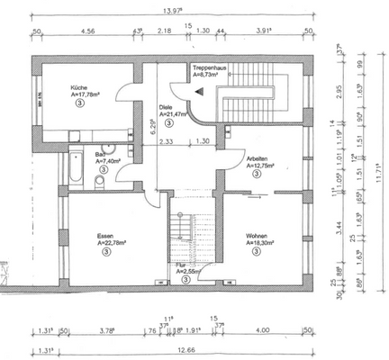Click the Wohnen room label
coord(258,236)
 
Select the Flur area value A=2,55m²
coord(194,270)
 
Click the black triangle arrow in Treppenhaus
coord(202,91)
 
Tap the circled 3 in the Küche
coord(80,104)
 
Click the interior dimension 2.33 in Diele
coord(167,141)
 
